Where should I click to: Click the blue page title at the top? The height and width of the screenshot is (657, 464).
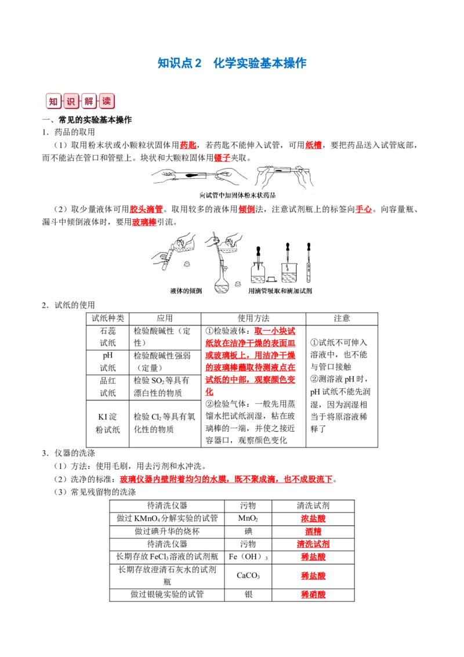point(234,63)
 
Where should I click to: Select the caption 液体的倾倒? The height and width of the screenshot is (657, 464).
point(186,290)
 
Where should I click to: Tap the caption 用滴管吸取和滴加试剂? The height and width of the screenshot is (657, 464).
point(279,290)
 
